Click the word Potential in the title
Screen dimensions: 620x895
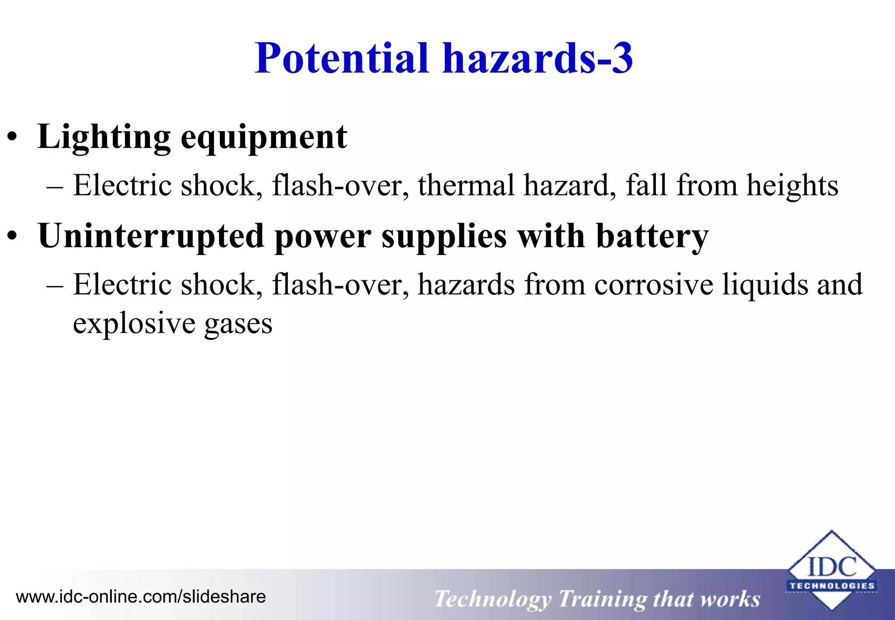(342, 58)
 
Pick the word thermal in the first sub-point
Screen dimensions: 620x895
(466, 185)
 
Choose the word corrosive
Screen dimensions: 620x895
(654, 285)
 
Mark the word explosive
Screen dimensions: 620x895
(134, 324)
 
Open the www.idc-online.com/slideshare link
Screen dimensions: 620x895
(141, 597)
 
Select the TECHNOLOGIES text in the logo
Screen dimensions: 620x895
(832, 586)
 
